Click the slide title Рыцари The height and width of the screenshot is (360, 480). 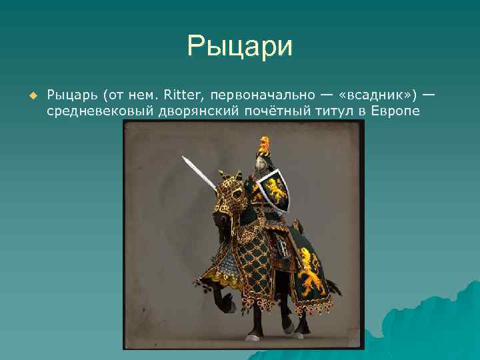pyautogui.click(x=239, y=47)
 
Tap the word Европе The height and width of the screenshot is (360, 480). pyautogui.click(x=397, y=111)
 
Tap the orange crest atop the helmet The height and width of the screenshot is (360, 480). pyautogui.click(x=264, y=143)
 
